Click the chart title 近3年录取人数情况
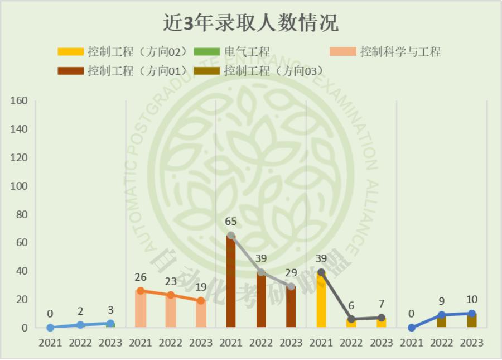250,24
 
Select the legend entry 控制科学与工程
400,52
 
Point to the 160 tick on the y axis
19,101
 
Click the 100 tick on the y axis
19,186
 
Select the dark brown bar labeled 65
231,282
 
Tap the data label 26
141,277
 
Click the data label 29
291,273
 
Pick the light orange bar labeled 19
201,314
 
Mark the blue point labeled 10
472,314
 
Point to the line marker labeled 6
351,319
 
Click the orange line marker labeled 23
171,295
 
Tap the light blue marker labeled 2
80,325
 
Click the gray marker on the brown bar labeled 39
261,272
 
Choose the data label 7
382,304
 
